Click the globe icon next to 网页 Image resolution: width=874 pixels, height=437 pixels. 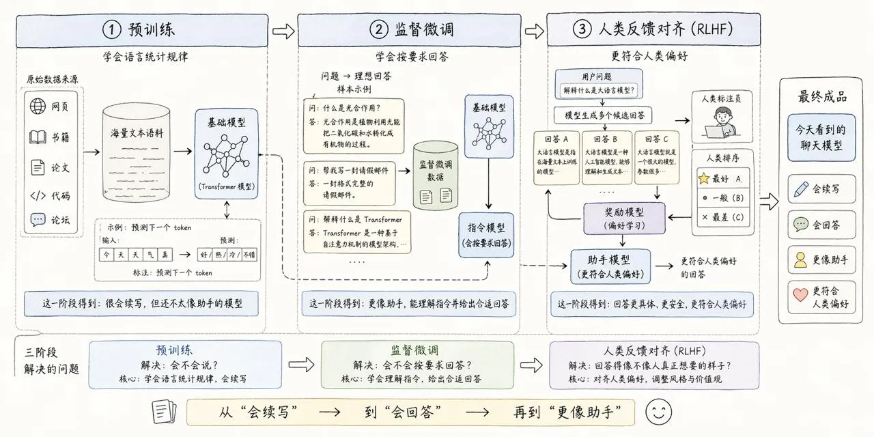[x=36, y=107]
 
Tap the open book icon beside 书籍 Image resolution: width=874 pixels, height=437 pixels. [x=37, y=137]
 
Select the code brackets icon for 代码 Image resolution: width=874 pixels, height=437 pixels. [x=37, y=195]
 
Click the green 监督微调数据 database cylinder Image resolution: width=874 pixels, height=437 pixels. [x=436, y=174]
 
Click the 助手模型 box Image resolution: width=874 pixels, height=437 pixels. [x=610, y=266]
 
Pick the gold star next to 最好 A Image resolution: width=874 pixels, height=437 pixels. [x=703, y=178]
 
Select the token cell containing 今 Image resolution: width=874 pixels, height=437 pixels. [x=106, y=254]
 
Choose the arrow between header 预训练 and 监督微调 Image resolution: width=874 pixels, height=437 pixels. [x=283, y=31]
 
